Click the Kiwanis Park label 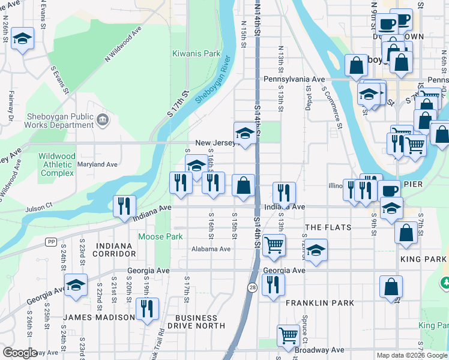(196, 53)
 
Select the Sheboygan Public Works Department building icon (102, 121)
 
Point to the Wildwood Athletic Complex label (57, 164)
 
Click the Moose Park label (160, 236)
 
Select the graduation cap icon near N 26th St (22, 38)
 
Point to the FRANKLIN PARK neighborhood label (319, 303)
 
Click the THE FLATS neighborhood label (331, 227)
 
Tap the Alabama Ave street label (211, 249)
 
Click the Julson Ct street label (39, 209)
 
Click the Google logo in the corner (20, 353)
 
